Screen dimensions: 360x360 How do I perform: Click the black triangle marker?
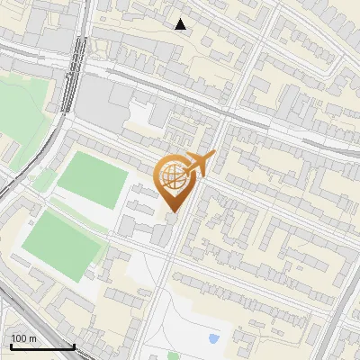(x=181, y=24)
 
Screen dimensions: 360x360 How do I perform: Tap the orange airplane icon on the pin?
(x=201, y=163)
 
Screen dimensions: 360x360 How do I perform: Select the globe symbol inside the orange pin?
(x=174, y=178)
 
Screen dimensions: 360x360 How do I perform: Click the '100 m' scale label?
(x=23, y=338)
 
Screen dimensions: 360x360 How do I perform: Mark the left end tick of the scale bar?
(x=12, y=346)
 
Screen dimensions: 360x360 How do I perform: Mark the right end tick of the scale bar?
(x=74, y=346)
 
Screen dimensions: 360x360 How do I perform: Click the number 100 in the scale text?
(x=19, y=338)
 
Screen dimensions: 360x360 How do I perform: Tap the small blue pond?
(x=213, y=339)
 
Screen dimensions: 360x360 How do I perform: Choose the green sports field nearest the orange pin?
(x=94, y=179)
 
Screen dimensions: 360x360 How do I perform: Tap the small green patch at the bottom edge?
(x=173, y=355)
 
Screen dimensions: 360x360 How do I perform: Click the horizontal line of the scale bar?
(x=42, y=347)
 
